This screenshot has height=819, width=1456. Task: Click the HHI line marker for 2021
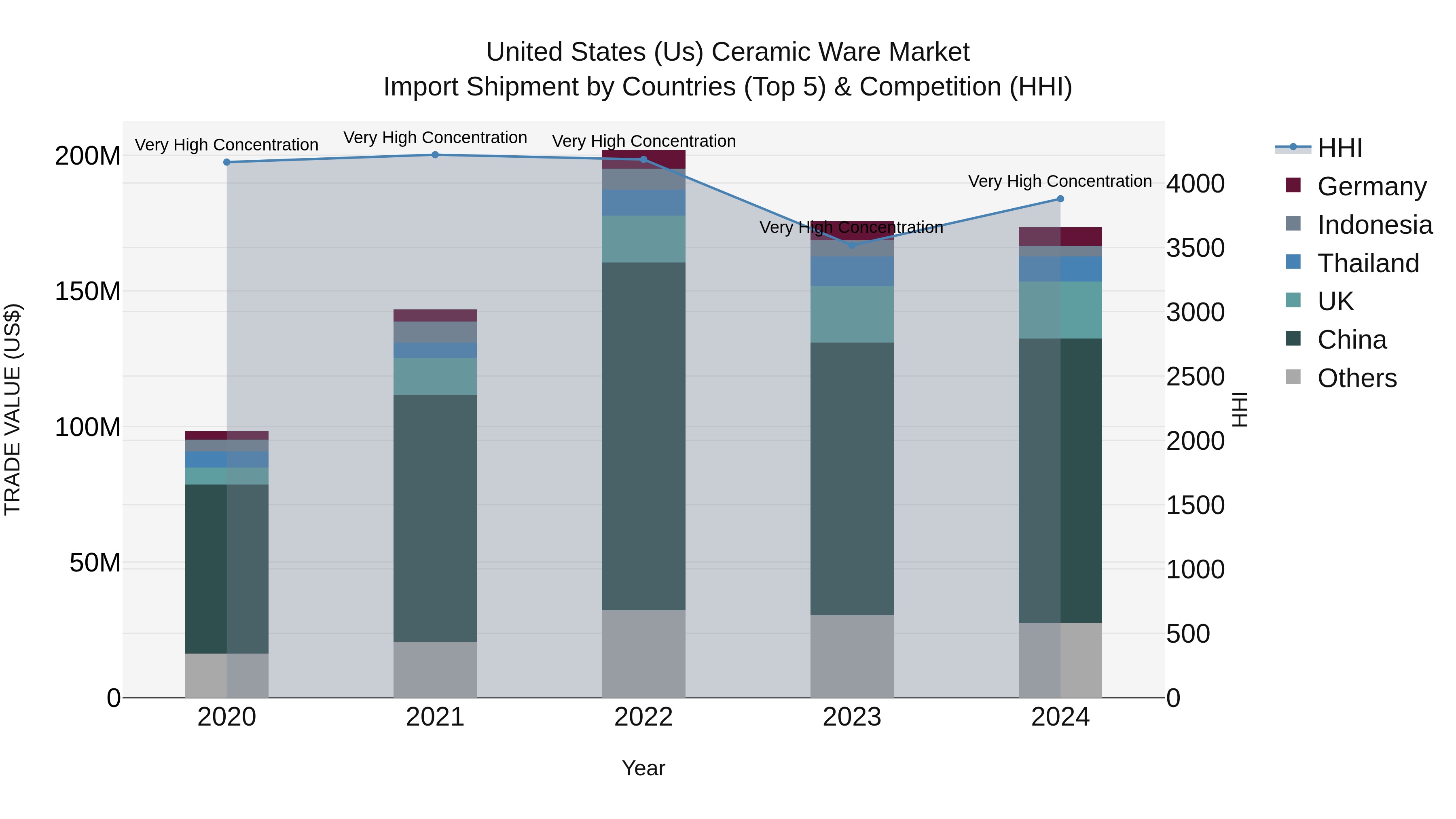[x=435, y=155]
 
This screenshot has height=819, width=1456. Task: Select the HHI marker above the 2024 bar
[x=1060, y=199]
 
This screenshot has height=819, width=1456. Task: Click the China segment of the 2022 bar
[x=643, y=435]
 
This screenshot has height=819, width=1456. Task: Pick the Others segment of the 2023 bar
[x=852, y=656]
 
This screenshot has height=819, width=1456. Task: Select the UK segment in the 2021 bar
[x=435, y=376]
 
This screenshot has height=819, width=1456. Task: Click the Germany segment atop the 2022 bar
[x=643, y=159]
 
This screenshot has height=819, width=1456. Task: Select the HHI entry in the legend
[x=1340, y=148]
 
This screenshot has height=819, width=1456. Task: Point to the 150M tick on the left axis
[x=88, y=292]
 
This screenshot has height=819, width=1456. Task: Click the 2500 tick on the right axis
[x=1195, y=377]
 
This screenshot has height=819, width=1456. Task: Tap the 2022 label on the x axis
[x=643, y=717]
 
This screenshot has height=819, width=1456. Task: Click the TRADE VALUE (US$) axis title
[x=13, y=409]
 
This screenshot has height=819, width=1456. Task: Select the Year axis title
[x=643, y=768]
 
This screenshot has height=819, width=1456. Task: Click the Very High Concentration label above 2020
[x=226, y=145]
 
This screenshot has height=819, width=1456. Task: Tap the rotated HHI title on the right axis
[x=1240, y=409]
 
